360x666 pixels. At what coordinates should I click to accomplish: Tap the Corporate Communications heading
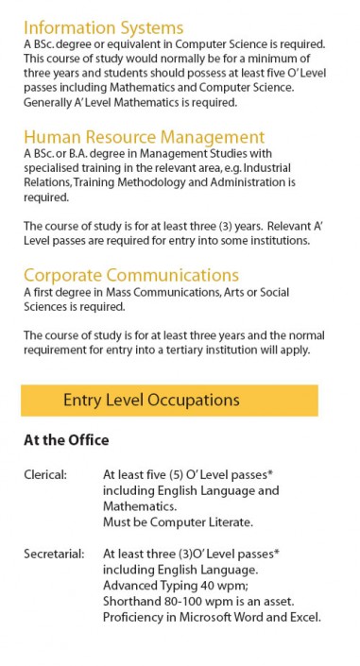130,275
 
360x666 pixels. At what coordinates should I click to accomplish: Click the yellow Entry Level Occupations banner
169,400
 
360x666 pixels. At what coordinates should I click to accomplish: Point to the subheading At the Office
66,440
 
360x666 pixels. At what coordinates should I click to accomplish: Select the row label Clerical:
45,475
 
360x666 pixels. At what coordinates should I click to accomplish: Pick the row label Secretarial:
53,554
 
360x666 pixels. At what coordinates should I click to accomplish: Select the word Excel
301,618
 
